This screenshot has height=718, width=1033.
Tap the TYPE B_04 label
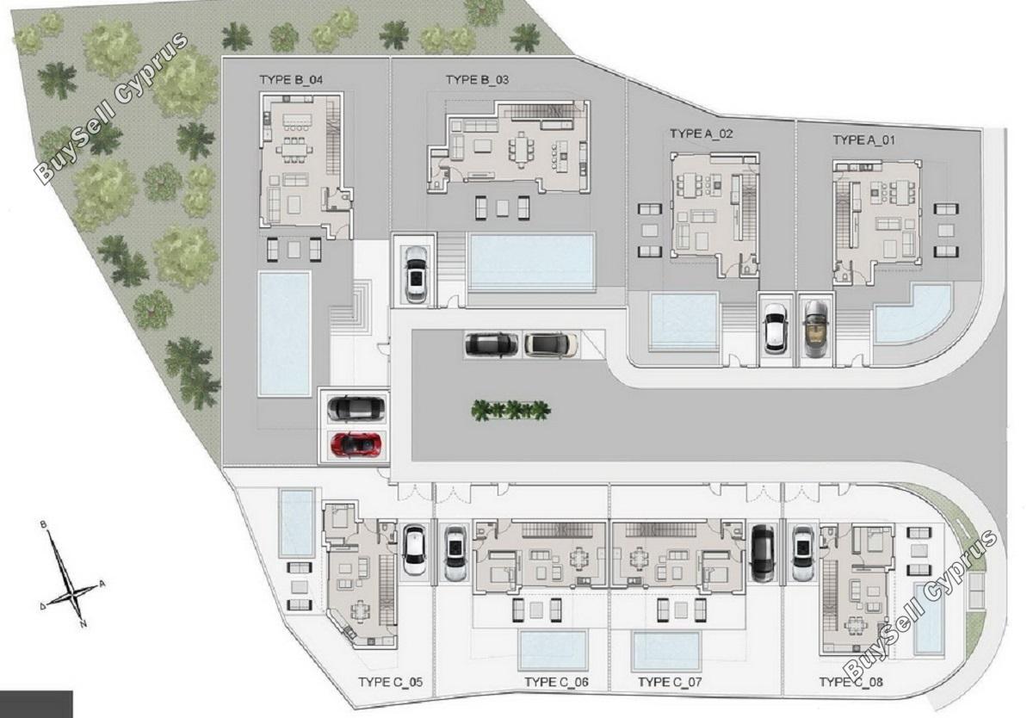click(x=291, y=80)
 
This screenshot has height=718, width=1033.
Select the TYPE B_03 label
click(x=477, y=80)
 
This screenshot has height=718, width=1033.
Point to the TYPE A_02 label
click(x=702, y=133)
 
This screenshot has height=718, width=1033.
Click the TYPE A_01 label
click(x=863, y=140)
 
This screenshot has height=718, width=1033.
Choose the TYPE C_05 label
click(x=391, y=682)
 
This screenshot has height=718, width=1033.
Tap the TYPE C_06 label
click(x=557, y=682)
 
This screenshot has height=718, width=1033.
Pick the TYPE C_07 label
click(x=670, y=682)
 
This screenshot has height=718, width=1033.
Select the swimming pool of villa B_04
click(x=284, y=334)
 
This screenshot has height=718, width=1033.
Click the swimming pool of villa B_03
click(x=531, y=261)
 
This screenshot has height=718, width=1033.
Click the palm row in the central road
click(x=511, y=410)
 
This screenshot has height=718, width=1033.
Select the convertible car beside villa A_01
click(x=815, y=329)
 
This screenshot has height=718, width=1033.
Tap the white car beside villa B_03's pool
click(x=416, y=275)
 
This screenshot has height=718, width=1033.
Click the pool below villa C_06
click(x=554, y=651)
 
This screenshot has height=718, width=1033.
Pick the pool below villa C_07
click(x=666, y=651)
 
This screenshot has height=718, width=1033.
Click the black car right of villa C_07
click(x=763, y=554)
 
